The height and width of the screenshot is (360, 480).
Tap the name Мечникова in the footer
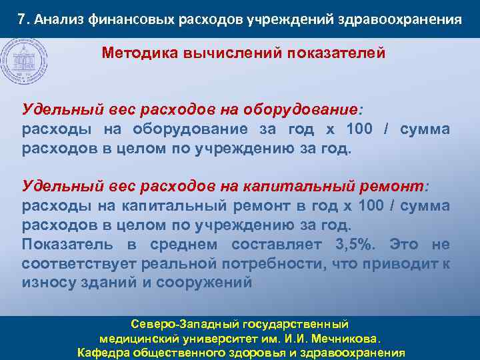point(347,338)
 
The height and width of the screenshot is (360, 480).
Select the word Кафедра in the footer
point(105,353)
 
